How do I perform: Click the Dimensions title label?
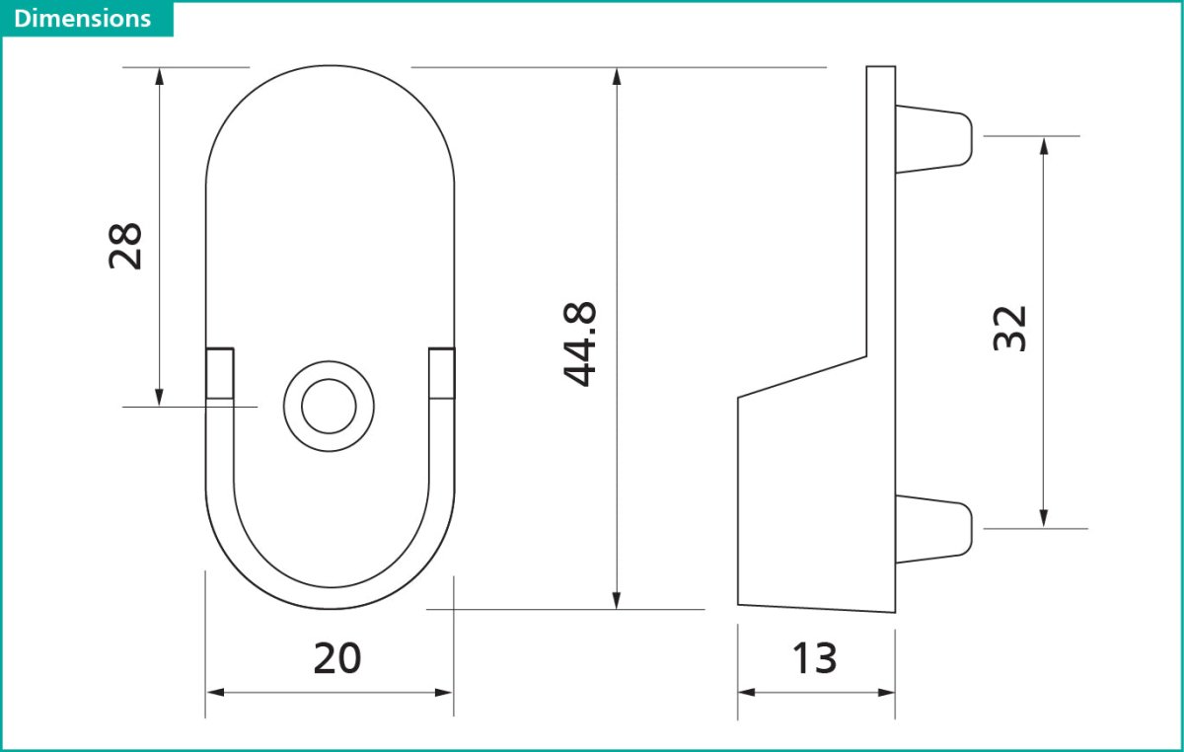click(83, 19)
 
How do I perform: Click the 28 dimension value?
click(126, 246)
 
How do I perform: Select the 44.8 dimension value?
click(580, 343)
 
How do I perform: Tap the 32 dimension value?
click(1010, 329)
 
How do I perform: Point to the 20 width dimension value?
click(337, 658)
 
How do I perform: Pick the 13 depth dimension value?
click(815, 658)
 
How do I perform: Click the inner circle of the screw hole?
click(329, 407)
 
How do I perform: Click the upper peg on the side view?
click(933, 137)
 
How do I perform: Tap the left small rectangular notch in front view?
click(220, 373)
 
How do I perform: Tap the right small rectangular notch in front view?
click(442, 373)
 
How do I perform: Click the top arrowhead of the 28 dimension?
click(159, 77)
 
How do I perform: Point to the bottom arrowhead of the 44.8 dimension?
click(618, 599)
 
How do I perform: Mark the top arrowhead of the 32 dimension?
click(1044, 146)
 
